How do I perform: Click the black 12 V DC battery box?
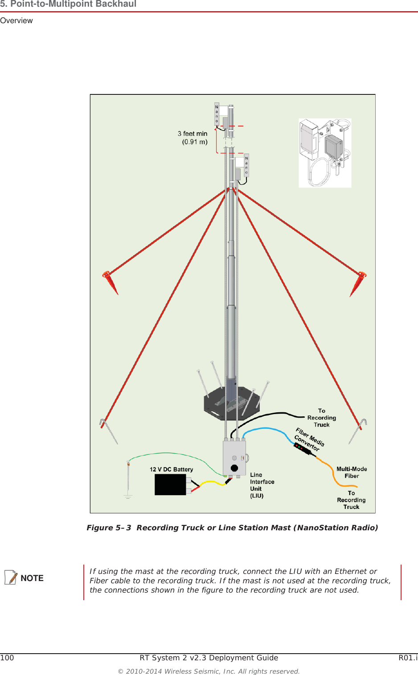[x=170, y=484]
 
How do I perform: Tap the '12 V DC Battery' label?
[x=171, y=469]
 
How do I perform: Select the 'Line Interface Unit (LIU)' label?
[x=262, y=485]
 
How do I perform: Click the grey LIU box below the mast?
[x=234, y=458]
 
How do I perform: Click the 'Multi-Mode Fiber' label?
[x=352, y=472]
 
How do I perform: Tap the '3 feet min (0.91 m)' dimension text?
[x=193, y=138]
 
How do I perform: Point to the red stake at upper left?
[x=110, y=281]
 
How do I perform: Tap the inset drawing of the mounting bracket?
[x=325, y=153]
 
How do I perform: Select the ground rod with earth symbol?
[x=128, y=479]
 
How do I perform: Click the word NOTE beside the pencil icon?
[x=32, y=578]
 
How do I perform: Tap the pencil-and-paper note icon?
[x=11, y=577]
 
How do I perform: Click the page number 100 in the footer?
[x=7, y=658]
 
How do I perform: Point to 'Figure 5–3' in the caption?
[x=109, y=528]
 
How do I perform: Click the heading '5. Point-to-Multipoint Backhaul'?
[x=68, y=4]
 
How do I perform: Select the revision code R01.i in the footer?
[x=408, y=658]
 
